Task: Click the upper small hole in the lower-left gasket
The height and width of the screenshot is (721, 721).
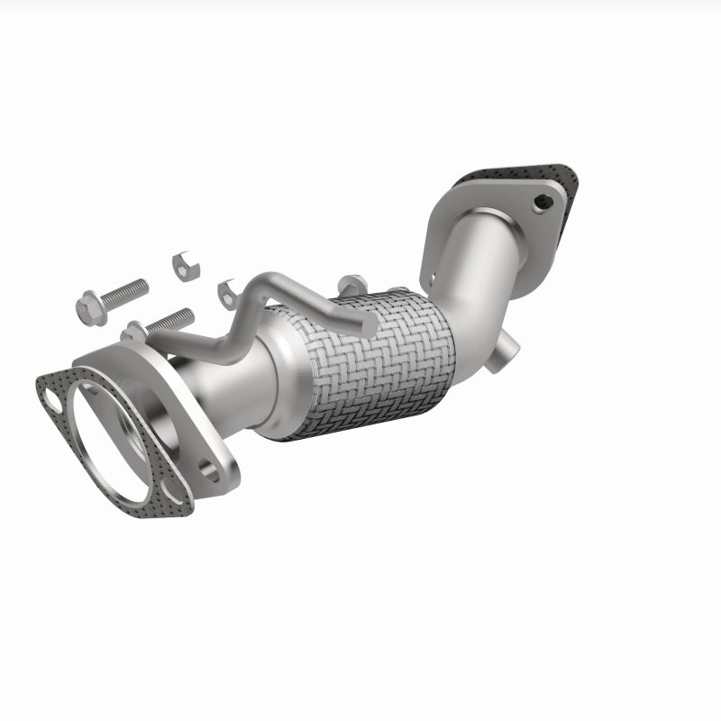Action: pos(52,394)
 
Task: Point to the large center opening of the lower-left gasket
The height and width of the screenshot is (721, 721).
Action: pos(108,442)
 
